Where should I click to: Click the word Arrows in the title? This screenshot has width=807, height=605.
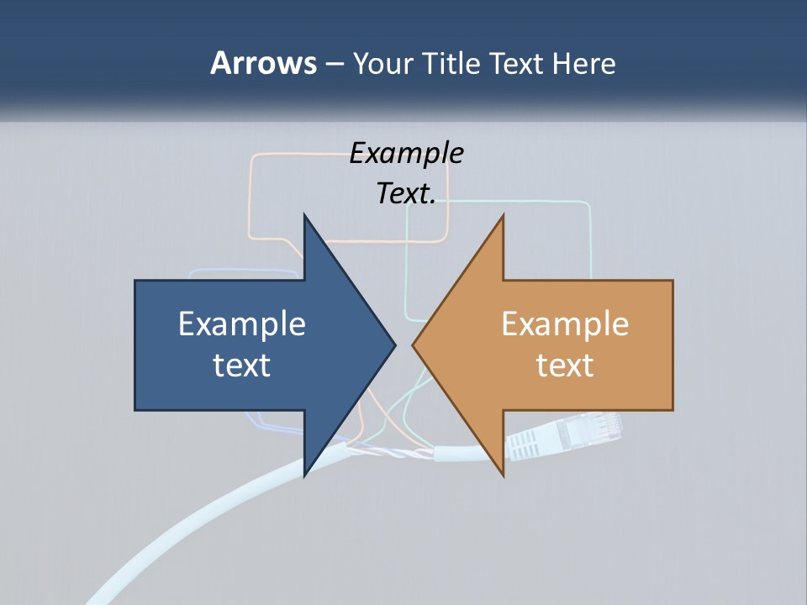[262, 63]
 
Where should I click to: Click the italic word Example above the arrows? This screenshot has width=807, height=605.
[406, 153]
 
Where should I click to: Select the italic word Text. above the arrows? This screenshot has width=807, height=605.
[406, 193]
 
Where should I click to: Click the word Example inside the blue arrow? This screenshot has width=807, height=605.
[242, 324]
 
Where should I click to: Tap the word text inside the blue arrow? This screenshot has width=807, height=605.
[242, 365]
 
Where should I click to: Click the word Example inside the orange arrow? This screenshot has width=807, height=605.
[565, 324]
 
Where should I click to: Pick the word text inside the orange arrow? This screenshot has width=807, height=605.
[565, 365]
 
